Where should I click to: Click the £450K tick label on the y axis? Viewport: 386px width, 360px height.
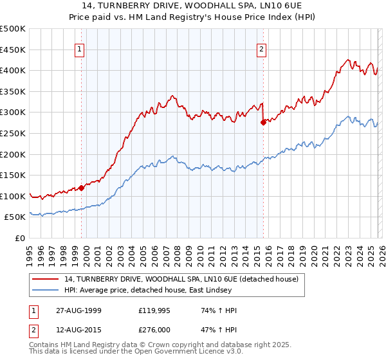click(13, 50)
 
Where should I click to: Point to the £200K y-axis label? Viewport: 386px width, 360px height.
click(13, 154)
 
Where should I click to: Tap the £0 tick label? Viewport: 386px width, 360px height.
click(20, 239)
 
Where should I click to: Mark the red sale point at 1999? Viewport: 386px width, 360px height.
click(82, 188)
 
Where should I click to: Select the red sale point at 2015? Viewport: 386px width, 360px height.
click(262, 122)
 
